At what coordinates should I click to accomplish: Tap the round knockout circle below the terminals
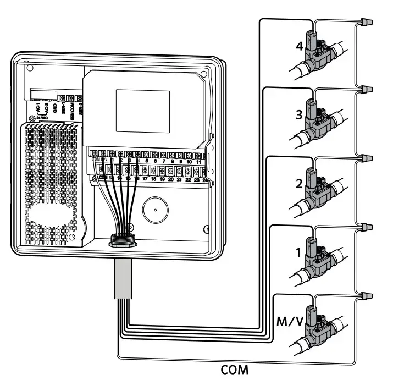click(156, 210)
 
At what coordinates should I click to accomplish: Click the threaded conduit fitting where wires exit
click(121, 240)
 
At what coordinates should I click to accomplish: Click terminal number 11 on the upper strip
click(197, 162)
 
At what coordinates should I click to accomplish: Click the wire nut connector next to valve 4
click(366, 22)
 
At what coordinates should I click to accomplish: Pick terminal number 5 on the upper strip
click(146, 162)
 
